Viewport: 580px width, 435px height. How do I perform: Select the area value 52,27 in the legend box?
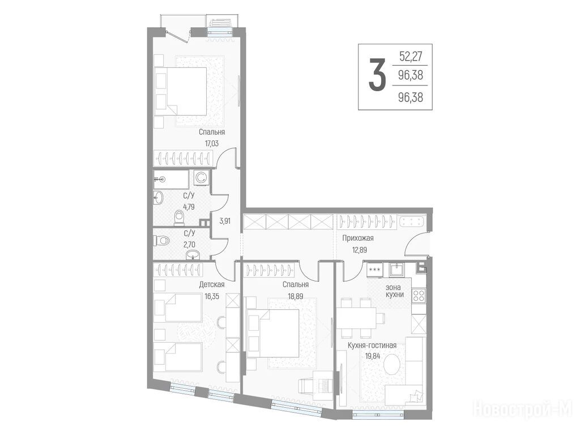click(x=411, y=56)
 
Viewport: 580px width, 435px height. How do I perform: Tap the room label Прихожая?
click(x=358, y=238)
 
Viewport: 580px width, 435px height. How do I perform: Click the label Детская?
click(x=212, y=284)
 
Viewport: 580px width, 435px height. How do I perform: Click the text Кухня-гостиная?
click(x=372, y=345)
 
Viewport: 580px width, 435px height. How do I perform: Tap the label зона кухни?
click(x=394, y=291)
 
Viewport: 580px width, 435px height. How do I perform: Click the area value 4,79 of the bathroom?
click(x=189, y=207)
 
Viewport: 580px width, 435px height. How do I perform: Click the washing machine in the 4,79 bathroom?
click(x=201, y=177)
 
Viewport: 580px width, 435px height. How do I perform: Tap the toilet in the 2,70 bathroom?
click(x=161, y=241)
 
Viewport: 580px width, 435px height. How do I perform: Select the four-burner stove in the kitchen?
click(x=419, y=296)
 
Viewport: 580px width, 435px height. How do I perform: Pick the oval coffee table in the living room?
click(x=392, y=365)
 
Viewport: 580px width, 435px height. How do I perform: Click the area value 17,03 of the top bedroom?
click(x=211, y=143)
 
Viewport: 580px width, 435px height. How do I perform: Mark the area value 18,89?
click(x=295, y=296)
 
